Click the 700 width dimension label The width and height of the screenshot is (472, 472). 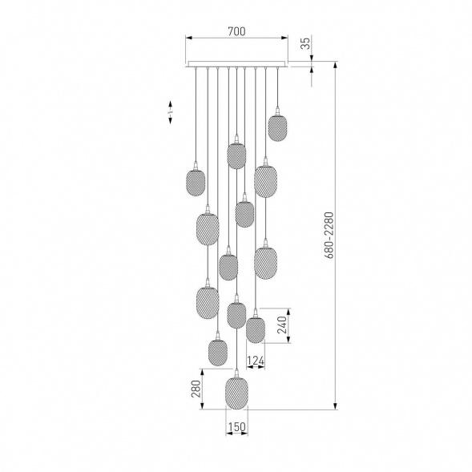click(236, 31)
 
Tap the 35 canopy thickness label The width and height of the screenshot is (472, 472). click(305, 43)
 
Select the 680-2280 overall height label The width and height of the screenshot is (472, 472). click(329, 236)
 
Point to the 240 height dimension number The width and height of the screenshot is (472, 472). click(282, 325)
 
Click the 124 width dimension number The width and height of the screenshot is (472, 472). click(256, 361)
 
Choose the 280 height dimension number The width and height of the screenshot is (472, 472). click(196, 389)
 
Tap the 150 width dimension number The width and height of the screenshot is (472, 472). click(237, 427)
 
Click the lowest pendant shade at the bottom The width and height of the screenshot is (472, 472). click(236, 392)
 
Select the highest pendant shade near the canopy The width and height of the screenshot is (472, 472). click(277, 127)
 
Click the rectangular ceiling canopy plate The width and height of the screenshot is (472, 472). click(236, 64)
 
